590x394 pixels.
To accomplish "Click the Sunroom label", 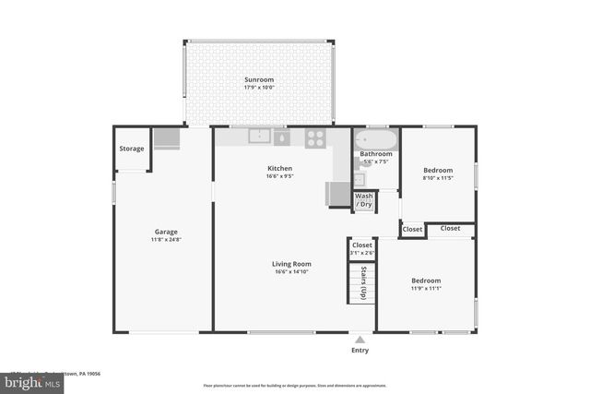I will (259, 79).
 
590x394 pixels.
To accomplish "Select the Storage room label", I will (132, 149).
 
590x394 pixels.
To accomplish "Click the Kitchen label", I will (279, 168).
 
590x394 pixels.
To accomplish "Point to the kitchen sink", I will (260, 137).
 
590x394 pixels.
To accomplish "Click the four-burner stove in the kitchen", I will (315, 137).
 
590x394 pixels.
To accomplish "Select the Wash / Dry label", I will (364, 200).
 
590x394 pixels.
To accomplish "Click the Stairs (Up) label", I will (362, 283).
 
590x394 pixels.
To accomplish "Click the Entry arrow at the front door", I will (360, 338).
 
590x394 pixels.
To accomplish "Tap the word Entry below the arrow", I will (360, 350).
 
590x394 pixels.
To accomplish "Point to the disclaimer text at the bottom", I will (295, 385).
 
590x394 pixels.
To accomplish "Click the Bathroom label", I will (376, 154).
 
